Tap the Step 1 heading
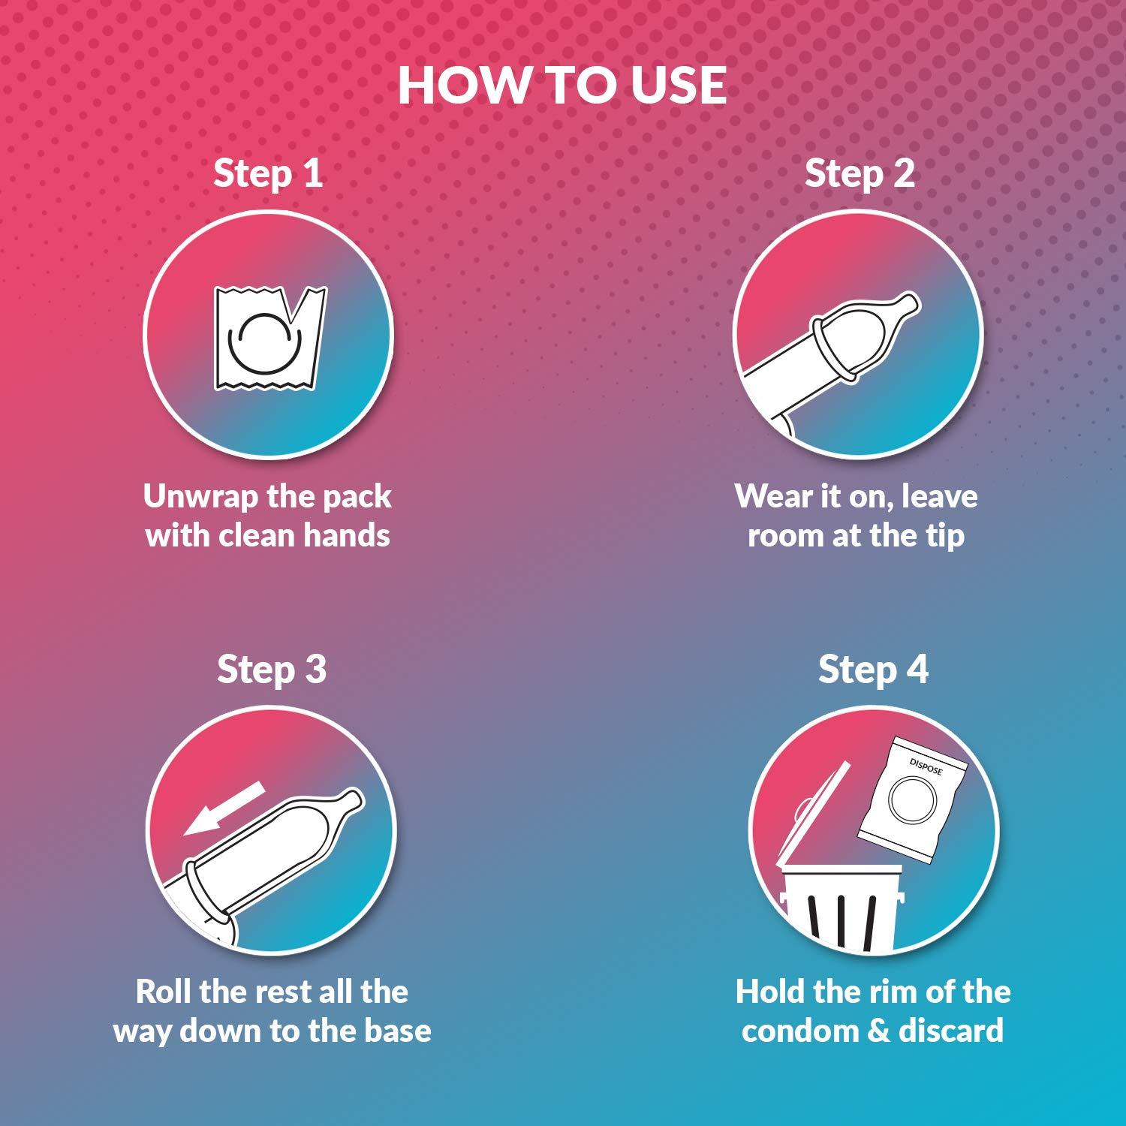[x=268, y=173]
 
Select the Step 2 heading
[x=860, y=173]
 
